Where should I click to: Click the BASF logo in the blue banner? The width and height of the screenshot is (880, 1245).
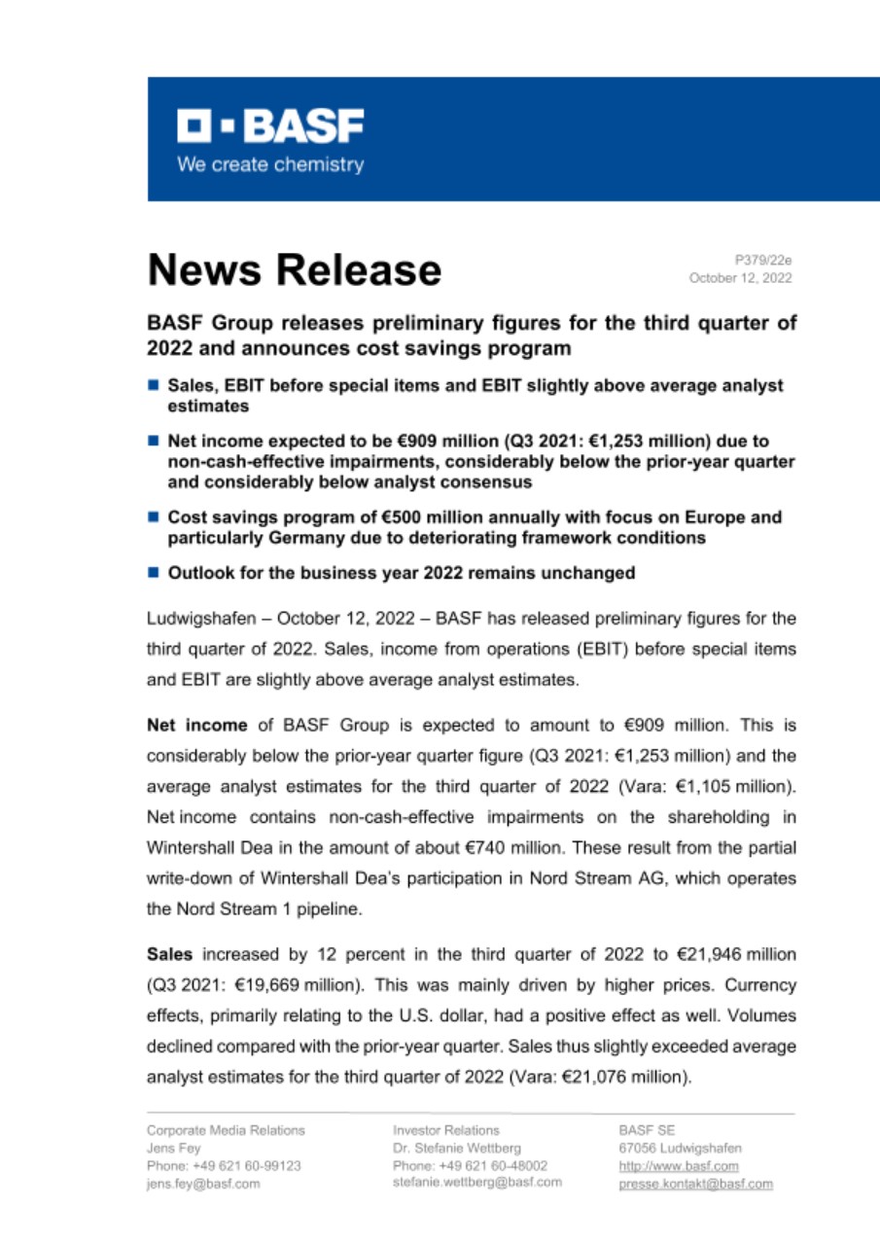click(x=269, y=125)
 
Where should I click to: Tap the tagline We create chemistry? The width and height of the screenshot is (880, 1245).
click(x=269, y=164)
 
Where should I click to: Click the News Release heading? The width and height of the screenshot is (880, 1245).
click(x=294, y=268)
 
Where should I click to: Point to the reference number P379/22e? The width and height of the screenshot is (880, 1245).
click(x=763, y=260)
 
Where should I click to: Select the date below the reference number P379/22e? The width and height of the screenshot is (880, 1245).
click(x=740, y=278)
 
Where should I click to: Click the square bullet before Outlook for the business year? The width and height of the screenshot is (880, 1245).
click(x=154, y=573)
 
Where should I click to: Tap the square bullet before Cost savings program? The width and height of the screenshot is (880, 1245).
click(x=154, y=517)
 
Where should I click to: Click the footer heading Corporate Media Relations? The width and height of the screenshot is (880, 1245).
click(x=226, y=1130)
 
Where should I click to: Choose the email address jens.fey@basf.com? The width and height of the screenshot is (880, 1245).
click(x=203, y=1184)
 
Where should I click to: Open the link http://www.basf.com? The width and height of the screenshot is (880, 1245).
click(x=678, y=1165)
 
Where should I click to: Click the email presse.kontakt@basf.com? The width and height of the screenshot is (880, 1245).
click(x=695, y=1184)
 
